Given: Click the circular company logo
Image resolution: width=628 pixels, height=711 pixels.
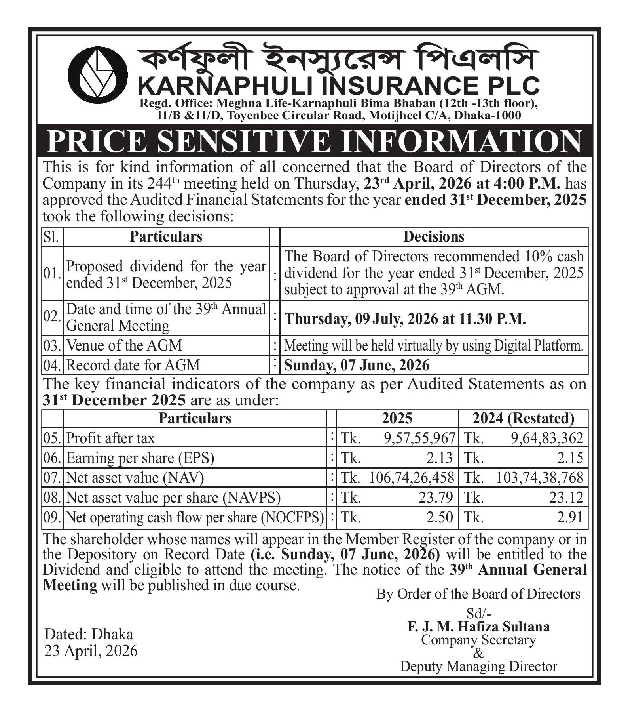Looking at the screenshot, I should click(x=97, y=74).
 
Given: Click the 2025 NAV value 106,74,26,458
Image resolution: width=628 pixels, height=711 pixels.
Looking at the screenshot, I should click(x=412, y=478).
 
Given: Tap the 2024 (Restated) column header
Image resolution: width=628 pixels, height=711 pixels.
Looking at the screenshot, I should click(x=523, y=418).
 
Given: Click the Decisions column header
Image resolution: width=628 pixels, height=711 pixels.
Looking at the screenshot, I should click(x=434, y=236).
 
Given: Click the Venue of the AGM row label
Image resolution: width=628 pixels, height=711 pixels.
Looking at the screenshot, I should click(x=124, y=345).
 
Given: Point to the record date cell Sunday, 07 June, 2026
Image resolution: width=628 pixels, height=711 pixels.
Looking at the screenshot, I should click(x=357, y=365).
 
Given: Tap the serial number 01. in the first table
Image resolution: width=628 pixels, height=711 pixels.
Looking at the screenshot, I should click(x=52, y=273).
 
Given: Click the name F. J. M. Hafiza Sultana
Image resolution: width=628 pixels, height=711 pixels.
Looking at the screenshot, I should click(x=478, y=626).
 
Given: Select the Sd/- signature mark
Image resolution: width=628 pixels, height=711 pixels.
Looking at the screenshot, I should click(x=478, y=613).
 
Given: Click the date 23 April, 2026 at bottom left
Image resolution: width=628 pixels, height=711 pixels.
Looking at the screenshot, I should click(x=91, y=651).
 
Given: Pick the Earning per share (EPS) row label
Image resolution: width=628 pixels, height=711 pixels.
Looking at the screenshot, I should click(x=140, y=458).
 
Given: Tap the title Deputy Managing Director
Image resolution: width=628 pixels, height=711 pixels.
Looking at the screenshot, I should click(x=478, y=666).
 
